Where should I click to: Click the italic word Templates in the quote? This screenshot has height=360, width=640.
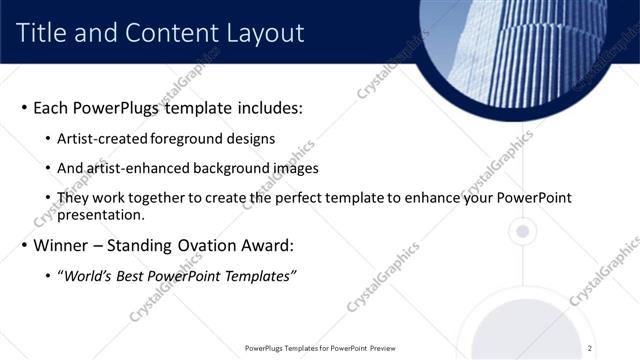pyautogui.click(x=259, y=276)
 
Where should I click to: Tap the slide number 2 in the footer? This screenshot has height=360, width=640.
pyautogui.click(x=590, y=348)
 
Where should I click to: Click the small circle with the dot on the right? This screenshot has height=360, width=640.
pyautogui.click(x=520, y=232)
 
